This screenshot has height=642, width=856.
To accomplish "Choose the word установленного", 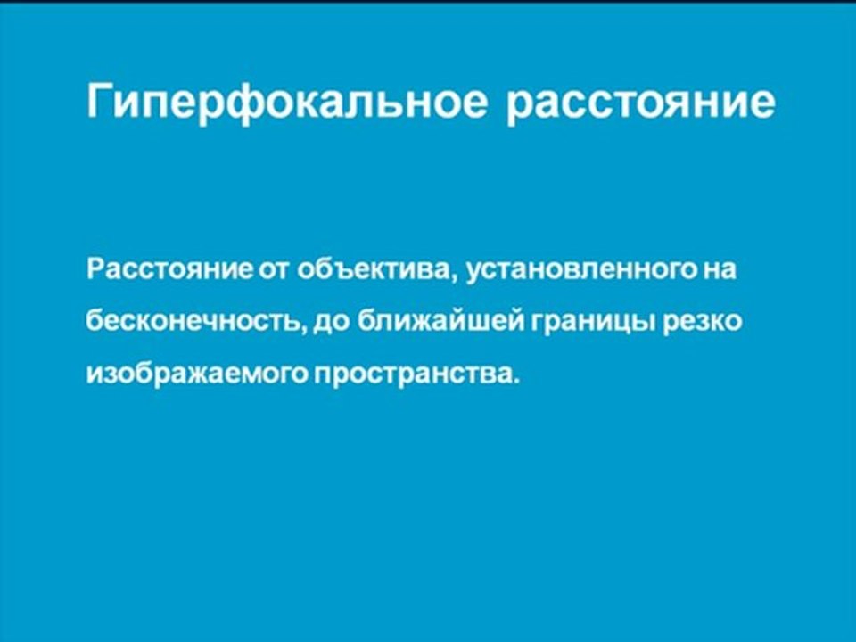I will point(580,268).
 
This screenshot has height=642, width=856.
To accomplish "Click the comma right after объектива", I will point(457,277).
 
